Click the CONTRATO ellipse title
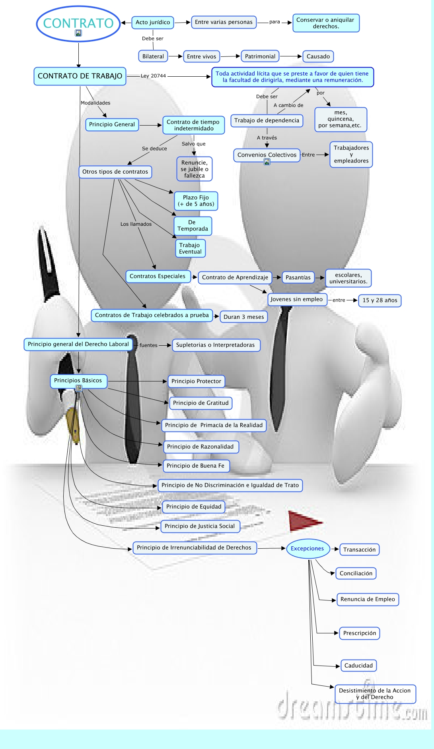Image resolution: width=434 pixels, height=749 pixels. [78, 23]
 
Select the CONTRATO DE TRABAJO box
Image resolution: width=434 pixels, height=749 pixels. [80, 76]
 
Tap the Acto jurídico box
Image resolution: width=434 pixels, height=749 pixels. [153, 22]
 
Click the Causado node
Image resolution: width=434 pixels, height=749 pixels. [318, 56]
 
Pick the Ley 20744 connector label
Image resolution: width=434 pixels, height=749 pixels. [153, 76]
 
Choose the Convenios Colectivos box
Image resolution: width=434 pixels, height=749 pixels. [267, 155]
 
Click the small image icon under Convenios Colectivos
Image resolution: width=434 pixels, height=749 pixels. [267, 162]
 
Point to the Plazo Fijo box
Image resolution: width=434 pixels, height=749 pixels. [196, 201]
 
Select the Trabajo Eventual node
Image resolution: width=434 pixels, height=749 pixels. [190, 248]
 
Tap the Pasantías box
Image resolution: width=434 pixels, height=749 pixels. [298, 277]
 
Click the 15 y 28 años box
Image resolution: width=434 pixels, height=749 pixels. [380, 300]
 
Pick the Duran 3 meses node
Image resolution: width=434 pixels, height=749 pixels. [243, 317]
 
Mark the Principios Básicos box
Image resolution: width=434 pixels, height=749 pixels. [78, 381]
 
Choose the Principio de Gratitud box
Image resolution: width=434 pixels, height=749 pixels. [200, 403]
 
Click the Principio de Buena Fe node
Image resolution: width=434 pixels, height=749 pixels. [195, 466]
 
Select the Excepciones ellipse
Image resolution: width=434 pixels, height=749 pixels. [307, 549]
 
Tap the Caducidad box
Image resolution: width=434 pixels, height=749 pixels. [358, 666]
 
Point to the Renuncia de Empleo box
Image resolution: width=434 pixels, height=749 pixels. [368, 599]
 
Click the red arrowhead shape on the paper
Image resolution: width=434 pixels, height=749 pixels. [303, 521]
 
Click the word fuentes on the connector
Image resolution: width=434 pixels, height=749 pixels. [148, 345]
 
